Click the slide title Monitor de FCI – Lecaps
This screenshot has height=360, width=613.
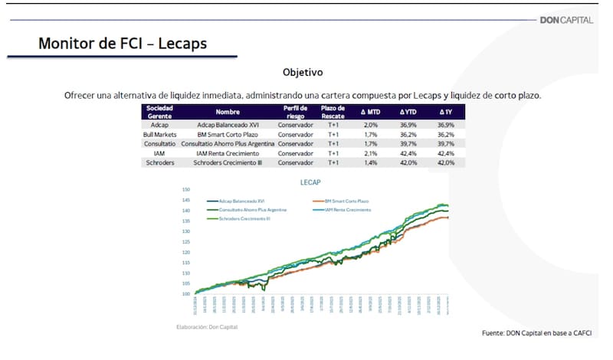[x=123, y=44]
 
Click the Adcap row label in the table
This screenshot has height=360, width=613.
[x=160, y=124]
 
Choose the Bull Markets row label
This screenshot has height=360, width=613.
[x=160, y=133]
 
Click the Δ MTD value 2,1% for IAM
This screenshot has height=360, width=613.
[x=371, y=153]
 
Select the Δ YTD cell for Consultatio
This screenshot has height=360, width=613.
[x=408, y=143]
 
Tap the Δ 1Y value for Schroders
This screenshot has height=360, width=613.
[x=444, y=162]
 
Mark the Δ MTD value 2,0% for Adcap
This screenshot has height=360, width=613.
[x=371, y=124]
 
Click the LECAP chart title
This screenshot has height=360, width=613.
[x=310, y=183]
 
